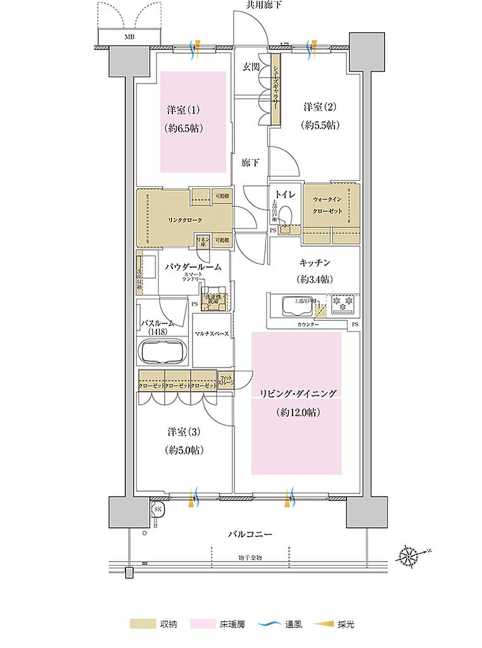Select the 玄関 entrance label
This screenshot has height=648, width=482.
(251, 66)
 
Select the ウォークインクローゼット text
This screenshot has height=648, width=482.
(331, 204)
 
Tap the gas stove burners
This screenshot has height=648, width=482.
(341, 304)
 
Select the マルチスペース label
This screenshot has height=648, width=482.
(212, 333)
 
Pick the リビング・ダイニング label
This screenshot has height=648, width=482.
(296, 394)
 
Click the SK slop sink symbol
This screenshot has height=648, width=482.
(157, 509)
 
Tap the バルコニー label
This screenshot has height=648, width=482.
(250, 534)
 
